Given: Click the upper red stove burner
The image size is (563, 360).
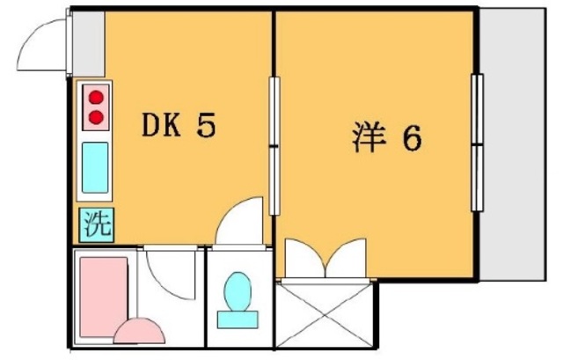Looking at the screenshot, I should [x=96, y=98].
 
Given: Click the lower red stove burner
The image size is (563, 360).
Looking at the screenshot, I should [x=96, y=115].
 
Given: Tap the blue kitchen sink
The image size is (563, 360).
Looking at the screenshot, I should [x=95, y=167].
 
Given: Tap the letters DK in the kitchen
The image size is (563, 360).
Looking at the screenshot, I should [x=162, y=128].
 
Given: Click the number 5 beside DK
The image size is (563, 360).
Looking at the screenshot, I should [x=205, y=128].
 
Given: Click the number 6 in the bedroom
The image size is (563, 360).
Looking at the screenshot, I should [x=412, y=138].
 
